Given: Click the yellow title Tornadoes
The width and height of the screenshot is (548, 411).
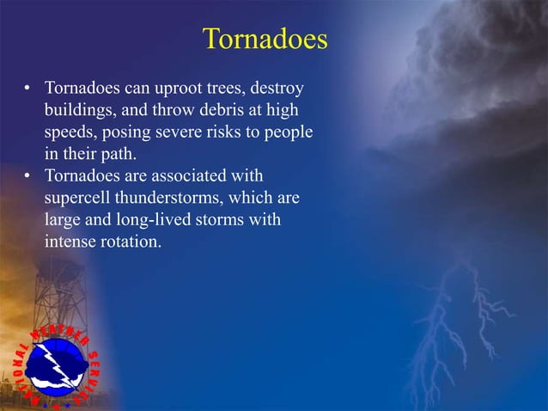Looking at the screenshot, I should pos(265,40).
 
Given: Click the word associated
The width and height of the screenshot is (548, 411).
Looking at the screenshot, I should pos(186,177).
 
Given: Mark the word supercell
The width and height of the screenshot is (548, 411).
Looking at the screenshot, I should pos(76,199).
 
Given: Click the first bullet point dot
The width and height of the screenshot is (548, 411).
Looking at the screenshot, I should pos(28,89).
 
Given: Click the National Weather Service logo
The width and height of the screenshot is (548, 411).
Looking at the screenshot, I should pos(55,365).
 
